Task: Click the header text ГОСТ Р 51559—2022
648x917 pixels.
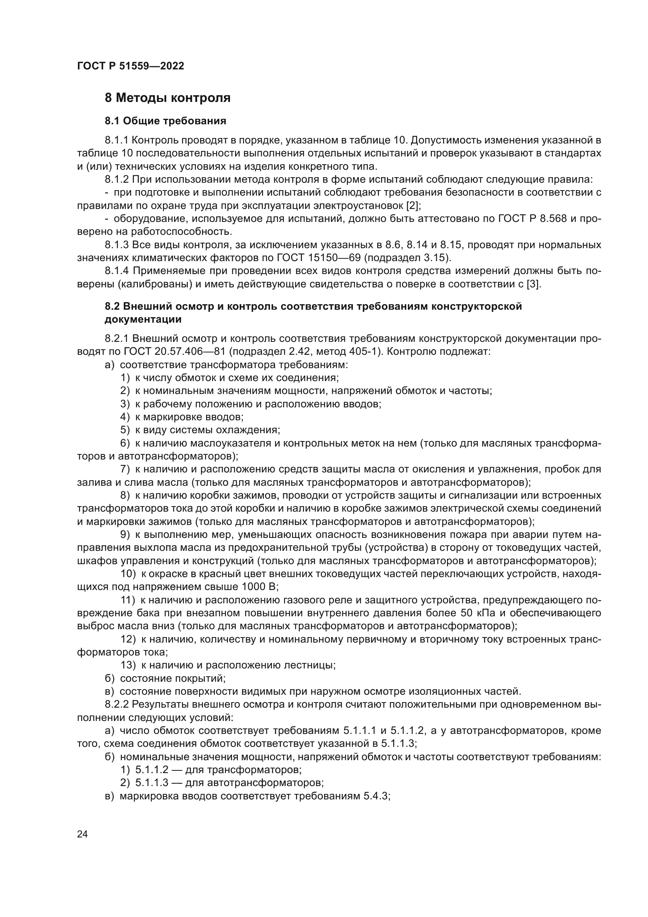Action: point(130,66)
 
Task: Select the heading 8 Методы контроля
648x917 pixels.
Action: point(167,98)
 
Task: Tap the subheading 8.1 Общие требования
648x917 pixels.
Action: point(165,121)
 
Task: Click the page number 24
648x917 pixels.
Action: point(82,834)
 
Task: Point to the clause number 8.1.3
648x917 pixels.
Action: point(117,245)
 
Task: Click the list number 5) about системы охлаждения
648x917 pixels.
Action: point(125,430)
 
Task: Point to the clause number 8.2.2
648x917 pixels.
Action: point(117,704)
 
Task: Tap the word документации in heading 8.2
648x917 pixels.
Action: point(143,319)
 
